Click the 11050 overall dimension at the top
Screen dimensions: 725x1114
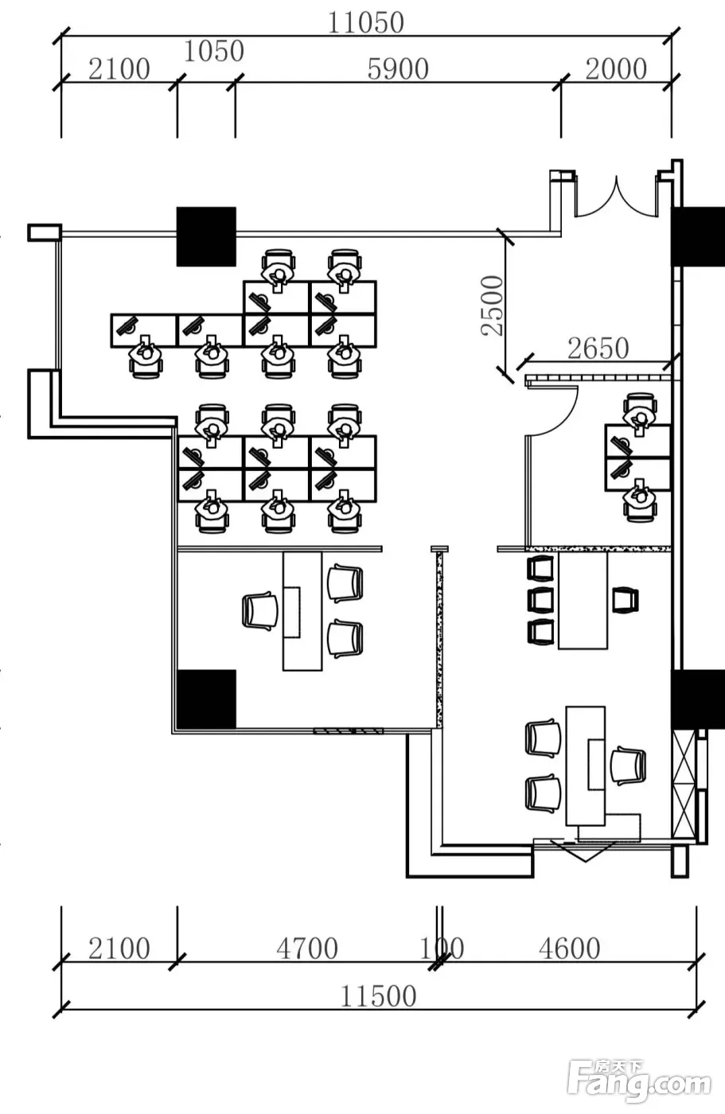pyautogui.click(x=365, y=23)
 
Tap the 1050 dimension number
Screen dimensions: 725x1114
pyautogui.click(x=214, y=51)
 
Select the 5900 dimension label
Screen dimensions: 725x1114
pyautogui.click(x=398, y=69)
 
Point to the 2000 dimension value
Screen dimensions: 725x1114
pyautogui.click(x=616, y=69)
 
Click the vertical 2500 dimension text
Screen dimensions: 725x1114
pyautogui.click(x=493, y=306)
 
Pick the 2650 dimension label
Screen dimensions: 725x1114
pyautogui.click(x=598, y=349)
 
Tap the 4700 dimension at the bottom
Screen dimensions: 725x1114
pyautogui.click(x=307, y=948)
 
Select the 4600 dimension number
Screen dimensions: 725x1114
pyautogui.click(x=569, y=948)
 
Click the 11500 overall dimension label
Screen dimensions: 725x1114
pyautogui.click(x=378, y=996)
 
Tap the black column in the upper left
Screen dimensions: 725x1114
pyautogui.click(x=206, y=237)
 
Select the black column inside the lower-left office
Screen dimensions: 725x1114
pyautogui.click(x=206, y=699)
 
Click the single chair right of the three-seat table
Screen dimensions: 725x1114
pyautogui.click(x=625, y=600)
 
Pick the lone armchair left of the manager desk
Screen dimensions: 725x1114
pyautogui.click(x=259, y=611)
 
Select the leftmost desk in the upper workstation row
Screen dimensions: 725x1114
pyautogui.click(x=144, y=330)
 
